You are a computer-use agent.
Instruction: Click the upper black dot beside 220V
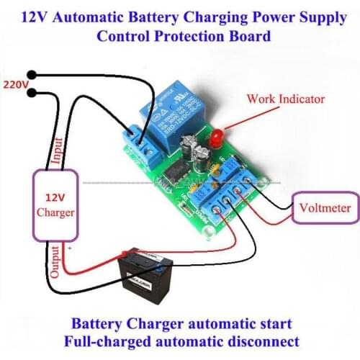[32, 74]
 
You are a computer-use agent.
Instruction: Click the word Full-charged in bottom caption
[100, 339]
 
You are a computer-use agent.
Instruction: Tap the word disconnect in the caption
[265, 339]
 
